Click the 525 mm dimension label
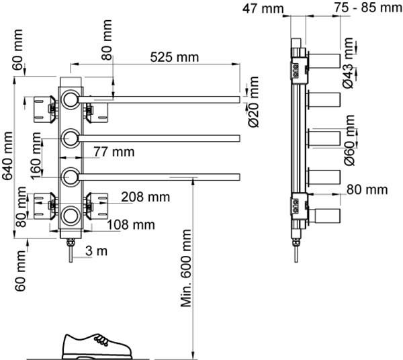[175, 57]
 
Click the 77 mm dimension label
[115, 152]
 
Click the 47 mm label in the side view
[263, 8]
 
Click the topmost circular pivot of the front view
[71, 101]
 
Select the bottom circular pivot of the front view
[71, 216]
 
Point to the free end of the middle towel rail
[237, 139]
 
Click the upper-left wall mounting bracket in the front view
[40, 107]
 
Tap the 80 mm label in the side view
[367, 190]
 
